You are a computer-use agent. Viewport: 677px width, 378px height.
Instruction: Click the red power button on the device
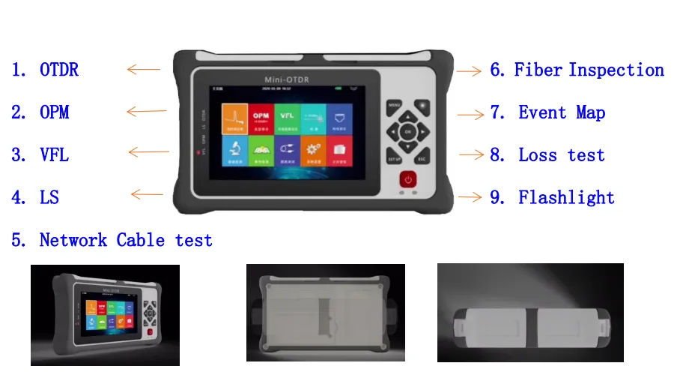point(408,180)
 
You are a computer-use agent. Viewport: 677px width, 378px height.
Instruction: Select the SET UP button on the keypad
point(395,159)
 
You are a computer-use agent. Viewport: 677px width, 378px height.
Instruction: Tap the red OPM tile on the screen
point(261,119)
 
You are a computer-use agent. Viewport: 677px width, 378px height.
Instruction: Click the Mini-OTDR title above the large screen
point(287,79)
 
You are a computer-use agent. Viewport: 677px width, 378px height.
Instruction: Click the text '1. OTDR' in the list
point(45,70)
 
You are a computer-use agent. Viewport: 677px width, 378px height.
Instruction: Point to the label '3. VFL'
point(40,155)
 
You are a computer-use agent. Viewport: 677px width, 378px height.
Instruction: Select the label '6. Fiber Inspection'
point(577,70)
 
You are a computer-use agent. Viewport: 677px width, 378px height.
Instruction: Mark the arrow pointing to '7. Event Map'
point(470,115)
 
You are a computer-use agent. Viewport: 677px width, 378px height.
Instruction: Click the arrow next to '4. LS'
point(147,196)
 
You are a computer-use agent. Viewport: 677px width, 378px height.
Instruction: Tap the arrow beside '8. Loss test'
point(470,155)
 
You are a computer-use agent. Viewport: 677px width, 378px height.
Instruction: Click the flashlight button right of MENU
point(423,105)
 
